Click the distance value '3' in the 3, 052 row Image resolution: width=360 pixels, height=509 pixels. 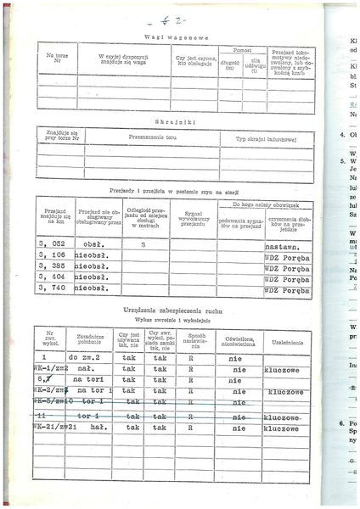[143, 243]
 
